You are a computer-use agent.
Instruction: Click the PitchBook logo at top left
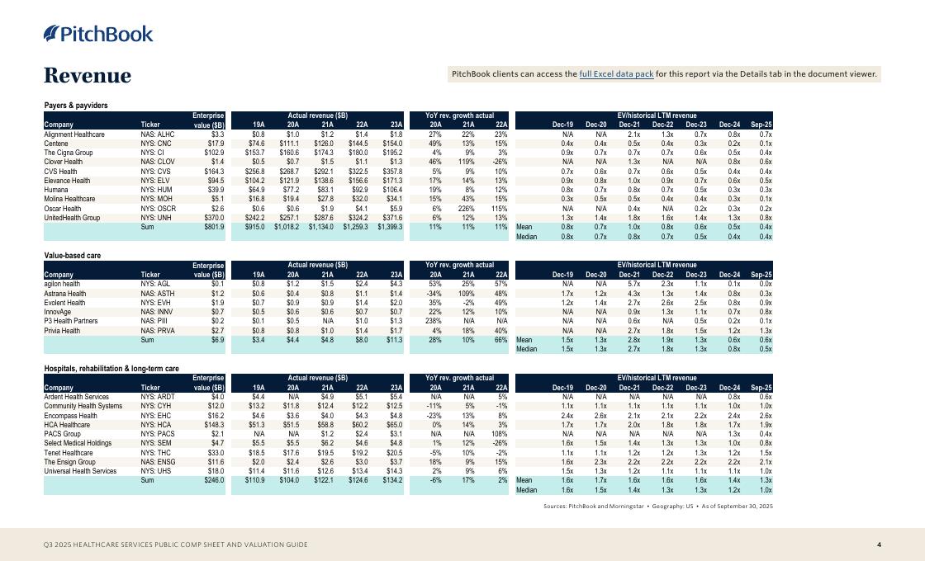(98, 34)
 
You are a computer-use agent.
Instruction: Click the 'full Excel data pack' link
(616, 74)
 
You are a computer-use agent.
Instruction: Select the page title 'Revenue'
(88, 76)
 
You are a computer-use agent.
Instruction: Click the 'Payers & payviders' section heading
(76, 106)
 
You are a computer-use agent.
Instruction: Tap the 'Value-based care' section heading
(72, 256)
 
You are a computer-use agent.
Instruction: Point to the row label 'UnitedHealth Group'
(72, 218)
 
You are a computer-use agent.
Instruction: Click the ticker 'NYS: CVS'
(157, 171)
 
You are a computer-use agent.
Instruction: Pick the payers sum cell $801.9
(214, 227)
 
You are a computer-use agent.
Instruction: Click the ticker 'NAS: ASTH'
(158, 294)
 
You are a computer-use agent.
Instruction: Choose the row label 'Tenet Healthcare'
(69, 453)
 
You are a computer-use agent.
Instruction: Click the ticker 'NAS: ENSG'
(159, 462)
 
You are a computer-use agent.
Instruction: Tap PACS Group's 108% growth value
(498, 434)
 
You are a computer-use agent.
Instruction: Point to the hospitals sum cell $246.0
(214, 480)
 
